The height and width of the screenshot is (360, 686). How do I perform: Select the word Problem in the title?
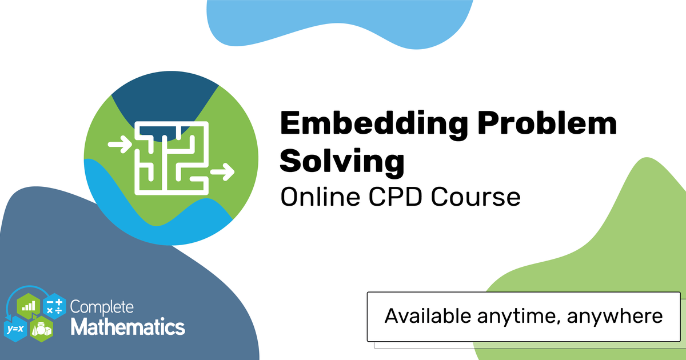[547, 123]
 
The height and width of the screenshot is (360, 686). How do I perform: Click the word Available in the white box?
[428, 315]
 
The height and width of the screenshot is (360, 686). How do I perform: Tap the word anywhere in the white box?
[615, 317]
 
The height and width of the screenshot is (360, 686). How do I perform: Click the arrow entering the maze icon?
[119, 144]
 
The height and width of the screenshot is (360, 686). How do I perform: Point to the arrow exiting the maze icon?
[222, 172]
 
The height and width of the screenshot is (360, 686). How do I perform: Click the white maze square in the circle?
[172, 158]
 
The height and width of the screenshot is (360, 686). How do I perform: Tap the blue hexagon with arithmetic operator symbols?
[54, 306]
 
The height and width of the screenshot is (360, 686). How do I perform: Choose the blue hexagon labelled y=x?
[15, 329]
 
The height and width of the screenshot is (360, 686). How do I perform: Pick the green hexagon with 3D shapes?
[42, 329]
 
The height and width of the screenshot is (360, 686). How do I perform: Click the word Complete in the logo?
[102, 307]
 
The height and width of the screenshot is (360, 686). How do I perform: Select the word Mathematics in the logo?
[128, 327]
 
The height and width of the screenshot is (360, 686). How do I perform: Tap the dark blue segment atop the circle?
[165, 98]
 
